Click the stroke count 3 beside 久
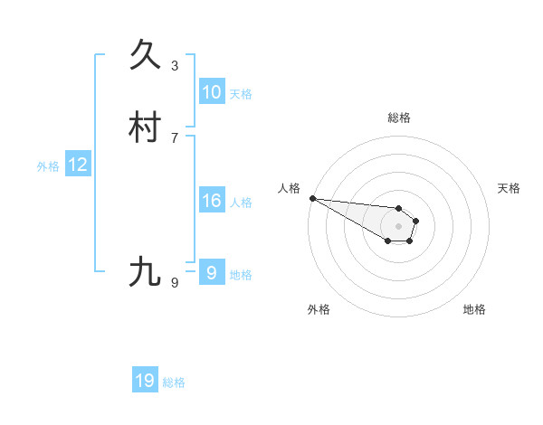(x=175, y=65)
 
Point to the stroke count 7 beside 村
(x=175, y=137)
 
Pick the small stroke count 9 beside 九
(x=175, y=282)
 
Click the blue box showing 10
(x=211, y=92)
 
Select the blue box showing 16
(x=211, y=201)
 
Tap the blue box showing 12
(x=78, y=165)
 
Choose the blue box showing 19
(x=145, y=381)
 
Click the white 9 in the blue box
(x=211, y=272)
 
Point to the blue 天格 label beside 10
(x=241, y=93)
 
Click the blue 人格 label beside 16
(x=241, y=202)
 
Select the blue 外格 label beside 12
(x=48, y=165)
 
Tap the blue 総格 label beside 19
(x=174, y=382)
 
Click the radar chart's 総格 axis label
(x=398, y=118)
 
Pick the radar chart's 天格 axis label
(x=509, y=188)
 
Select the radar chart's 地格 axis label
(x=474, y=309)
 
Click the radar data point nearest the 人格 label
(x=312, y=198)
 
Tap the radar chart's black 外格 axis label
(x=319, y=309)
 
